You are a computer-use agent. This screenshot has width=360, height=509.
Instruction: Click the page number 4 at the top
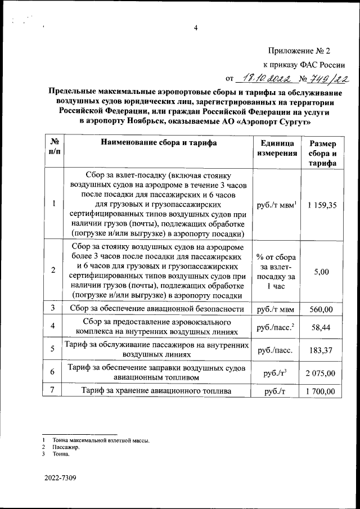click(x=196, y=29)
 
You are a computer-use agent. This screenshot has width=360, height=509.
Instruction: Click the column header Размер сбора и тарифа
click(x=323, y=152)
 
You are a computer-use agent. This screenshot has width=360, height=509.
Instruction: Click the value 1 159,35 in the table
click(x=322, y=205)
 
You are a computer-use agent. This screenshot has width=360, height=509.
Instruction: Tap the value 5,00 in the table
click(x=322, y=272)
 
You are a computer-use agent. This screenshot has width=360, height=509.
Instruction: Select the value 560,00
click(x=322, y=309)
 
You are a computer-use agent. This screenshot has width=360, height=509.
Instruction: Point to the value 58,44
click(x=322, y=326)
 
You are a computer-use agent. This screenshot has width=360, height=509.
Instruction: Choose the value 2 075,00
click(x=322, y=373)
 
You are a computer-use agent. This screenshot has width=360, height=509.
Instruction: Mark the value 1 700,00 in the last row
click(x=322, y=391)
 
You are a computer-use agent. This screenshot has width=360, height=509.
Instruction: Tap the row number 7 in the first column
click(x=52, y=391)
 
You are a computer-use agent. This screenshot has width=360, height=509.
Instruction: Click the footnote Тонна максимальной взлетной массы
click(x=101, y=440)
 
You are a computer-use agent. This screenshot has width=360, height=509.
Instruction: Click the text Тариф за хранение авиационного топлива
click(x=157, y=391)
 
